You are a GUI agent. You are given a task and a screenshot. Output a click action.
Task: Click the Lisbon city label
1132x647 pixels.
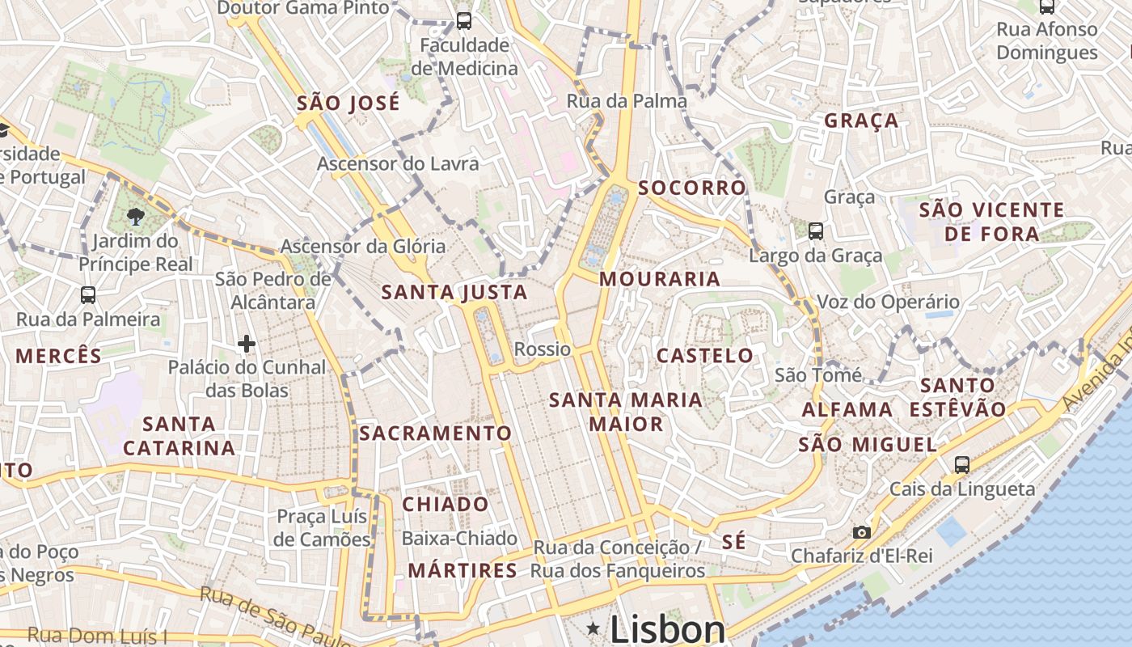tap(667, 629)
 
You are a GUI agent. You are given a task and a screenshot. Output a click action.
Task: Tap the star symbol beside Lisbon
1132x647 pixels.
tap(594, 628)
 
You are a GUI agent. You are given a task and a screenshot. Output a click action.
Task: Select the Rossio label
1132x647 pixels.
tap(543, 349)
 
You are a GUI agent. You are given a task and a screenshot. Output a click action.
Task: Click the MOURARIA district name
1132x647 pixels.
tap(660, 279)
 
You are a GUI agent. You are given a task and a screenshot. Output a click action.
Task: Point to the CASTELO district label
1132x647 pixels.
tap(704, 356)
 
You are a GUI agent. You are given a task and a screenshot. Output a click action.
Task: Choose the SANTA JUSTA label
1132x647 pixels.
tap(454, 292)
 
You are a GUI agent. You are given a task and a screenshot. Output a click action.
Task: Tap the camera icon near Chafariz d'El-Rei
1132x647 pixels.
tap(862, 532)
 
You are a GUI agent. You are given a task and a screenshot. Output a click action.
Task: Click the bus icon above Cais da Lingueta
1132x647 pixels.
tap(961, 465)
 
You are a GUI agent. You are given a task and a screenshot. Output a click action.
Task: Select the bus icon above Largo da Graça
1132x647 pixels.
tap(815, 231)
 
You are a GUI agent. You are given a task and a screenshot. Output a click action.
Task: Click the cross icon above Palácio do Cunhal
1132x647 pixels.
tap(247, 345)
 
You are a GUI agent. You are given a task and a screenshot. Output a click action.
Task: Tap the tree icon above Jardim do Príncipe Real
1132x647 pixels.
tap(135, 216)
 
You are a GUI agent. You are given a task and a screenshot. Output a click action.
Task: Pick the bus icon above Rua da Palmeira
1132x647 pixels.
tap(88, 295)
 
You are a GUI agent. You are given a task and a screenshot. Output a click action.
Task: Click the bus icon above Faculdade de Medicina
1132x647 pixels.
tap(464, 21)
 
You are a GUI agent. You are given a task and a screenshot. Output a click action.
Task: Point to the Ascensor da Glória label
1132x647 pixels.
tap(363, 246)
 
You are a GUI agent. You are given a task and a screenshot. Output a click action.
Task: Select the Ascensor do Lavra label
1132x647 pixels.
tap(398, 163)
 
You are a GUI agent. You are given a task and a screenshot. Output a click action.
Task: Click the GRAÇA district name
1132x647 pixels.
tap(861, 121)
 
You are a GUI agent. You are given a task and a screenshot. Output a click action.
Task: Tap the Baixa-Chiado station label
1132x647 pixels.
tap(459, 538)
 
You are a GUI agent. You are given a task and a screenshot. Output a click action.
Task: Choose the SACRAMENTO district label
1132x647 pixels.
tap(436, 433)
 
